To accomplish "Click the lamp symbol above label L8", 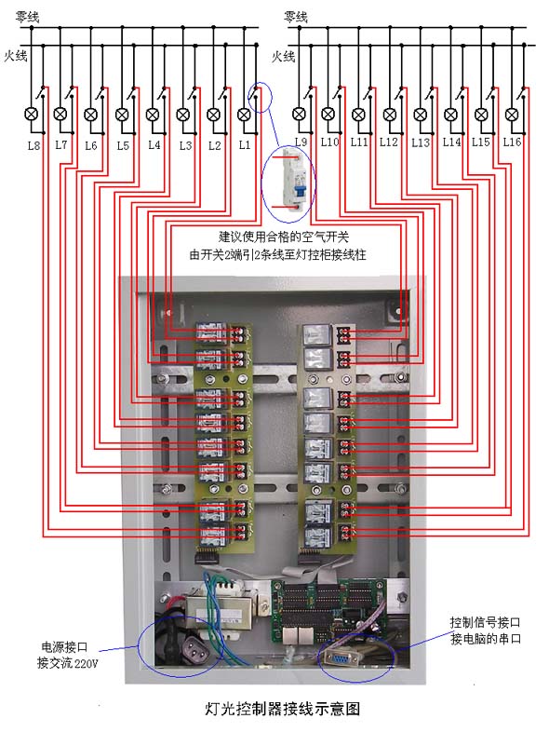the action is click(x=32, y=114).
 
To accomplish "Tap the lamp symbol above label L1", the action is click(x=244, y=114).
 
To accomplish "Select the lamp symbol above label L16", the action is click(x=512, y=114).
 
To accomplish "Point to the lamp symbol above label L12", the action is click(x=390, y=114).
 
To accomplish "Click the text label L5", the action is click(x=123, y=145).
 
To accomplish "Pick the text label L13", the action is click(x=421, y=142).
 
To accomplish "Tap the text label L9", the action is click(x=301, y=142).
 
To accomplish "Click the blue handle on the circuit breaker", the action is click(x=300, y=190).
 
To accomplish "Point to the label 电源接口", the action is click(x=64, y=647).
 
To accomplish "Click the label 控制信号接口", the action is click(x=485, y=622).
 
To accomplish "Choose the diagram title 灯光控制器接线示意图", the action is click(x=283, y=709).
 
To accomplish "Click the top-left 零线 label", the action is click(x=27, y=18).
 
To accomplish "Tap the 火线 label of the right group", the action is click(x=283, y=57).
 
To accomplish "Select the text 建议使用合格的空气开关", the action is click(x=284, y=237).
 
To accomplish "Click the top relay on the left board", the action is click(x=212, y=333).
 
